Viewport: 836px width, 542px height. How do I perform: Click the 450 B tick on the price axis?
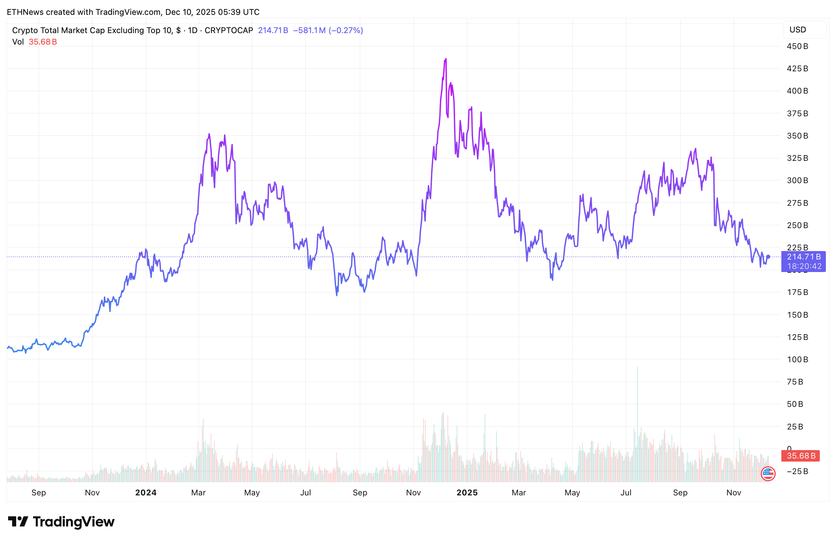coord(797,46)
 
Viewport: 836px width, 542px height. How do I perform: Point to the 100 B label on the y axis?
coord(797,360)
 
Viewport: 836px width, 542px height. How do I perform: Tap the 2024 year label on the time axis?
coord(146,492)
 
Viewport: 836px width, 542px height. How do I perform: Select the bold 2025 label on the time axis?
coord(467,492)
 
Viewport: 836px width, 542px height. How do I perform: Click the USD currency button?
coord(804,29)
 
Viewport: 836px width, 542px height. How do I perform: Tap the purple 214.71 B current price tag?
coord(803,257)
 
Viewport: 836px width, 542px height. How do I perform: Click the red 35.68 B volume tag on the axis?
coord(801,456)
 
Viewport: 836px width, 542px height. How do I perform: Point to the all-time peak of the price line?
coord(446,59)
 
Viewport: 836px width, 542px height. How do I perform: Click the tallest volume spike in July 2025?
coord(637,368)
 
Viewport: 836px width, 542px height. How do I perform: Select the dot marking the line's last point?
coord(768,257)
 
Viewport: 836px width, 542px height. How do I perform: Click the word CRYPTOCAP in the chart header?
coord(229,30)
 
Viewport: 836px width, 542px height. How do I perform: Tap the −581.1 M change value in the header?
coord(309,30)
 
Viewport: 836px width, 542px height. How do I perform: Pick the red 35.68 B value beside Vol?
coord(43,42)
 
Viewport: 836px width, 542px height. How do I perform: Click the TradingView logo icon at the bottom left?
coord(18,522)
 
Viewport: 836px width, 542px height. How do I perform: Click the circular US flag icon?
coord(768,473)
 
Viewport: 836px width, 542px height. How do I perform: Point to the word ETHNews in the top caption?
coord(25,12)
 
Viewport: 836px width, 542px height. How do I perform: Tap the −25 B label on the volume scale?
coord(797,471)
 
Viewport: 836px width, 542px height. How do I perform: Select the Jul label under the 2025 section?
coord(625,492)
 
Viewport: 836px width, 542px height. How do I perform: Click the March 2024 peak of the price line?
coord(209,134)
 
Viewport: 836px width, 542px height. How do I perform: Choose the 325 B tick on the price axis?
coord(797,158)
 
